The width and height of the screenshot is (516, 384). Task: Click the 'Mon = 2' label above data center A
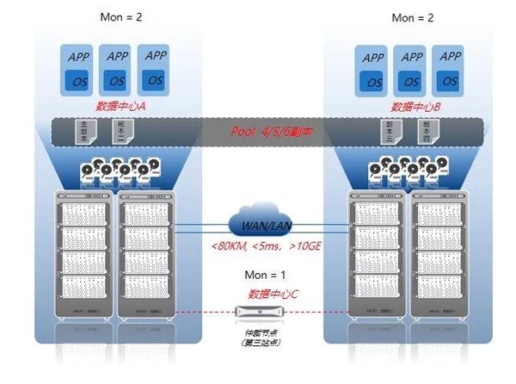pos(118,17)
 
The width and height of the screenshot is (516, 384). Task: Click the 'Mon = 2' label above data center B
pos(415,17)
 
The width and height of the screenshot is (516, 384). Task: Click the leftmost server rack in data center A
pos(83,254)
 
